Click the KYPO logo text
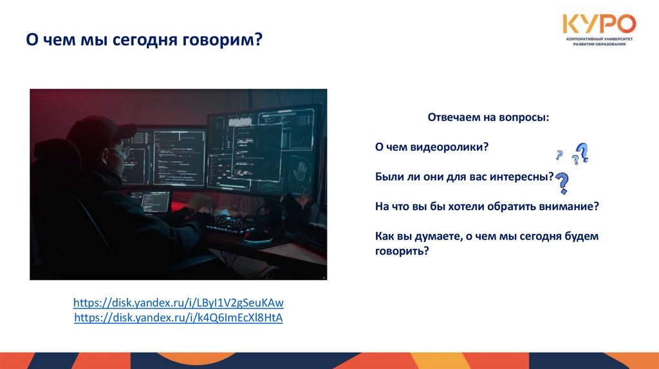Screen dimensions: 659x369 point(599,24)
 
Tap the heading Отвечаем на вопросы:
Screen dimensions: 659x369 point(488,118)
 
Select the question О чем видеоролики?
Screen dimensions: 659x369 point(432,147)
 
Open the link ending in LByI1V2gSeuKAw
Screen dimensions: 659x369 point(179,303)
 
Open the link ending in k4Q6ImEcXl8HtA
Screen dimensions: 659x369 point(179,318)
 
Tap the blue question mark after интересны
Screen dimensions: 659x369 point(562,183)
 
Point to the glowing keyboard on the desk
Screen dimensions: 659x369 point(231,225)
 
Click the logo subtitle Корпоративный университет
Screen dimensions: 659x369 point(599,39)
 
